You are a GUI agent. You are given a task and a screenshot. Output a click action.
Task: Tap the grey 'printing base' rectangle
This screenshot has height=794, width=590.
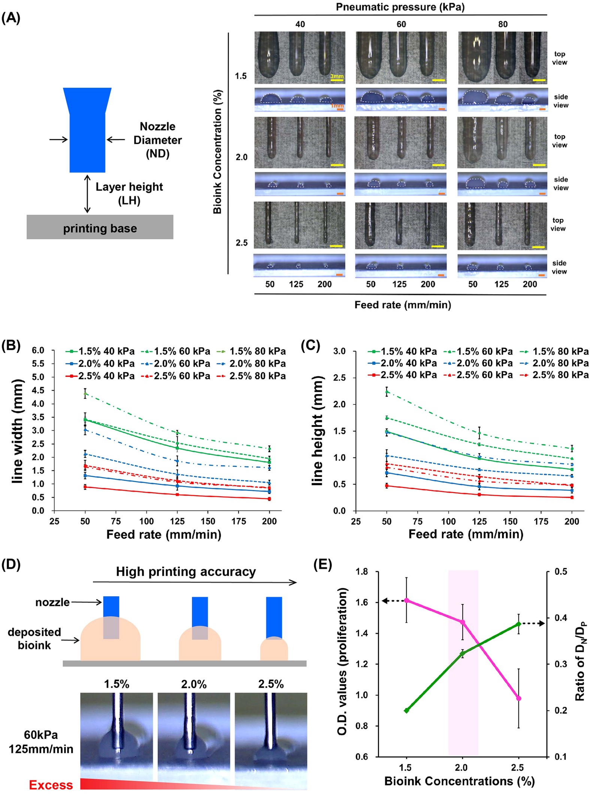click(x=100, y=227)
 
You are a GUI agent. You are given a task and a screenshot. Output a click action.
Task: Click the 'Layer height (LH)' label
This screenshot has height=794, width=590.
click(x=129, y=193)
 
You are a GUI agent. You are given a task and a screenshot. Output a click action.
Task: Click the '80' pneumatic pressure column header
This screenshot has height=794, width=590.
click(x=503, y=24)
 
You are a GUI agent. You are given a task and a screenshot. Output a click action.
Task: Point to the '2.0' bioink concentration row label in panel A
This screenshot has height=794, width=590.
click(x=241, y=157)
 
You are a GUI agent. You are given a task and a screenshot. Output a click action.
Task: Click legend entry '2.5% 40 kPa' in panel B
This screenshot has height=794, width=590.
click(x=101, y=376)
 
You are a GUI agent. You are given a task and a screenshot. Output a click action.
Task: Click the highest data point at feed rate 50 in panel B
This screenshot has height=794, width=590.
click(x=85, y=393)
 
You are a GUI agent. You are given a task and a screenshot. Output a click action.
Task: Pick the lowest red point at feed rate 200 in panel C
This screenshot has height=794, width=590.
click(x=572, y=497)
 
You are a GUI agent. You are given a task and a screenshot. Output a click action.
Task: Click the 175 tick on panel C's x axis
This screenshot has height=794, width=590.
click(x=541, y=521)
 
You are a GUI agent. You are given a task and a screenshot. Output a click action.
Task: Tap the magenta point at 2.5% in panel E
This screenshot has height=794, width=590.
click(x=519, y=698)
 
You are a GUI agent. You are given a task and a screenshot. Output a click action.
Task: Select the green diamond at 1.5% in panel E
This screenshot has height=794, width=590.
click(x=406, y=710)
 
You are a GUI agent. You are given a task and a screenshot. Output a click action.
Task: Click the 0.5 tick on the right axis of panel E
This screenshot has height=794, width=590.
click(x=561, y=572)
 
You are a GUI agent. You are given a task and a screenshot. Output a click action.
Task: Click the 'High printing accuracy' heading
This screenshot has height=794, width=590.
click(x=186, y=572)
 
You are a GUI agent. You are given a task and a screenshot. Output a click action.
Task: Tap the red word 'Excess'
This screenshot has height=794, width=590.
click(x=51, y=785)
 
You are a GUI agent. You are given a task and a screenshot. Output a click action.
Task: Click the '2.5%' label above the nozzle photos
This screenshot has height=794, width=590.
click(x=270, y=684)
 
